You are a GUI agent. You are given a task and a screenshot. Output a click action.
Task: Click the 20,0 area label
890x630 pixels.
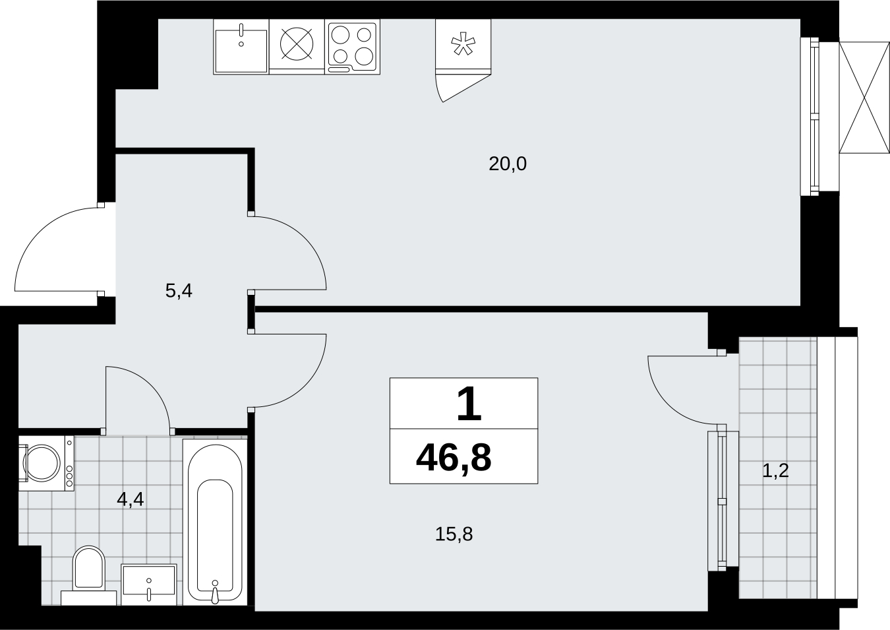pos(508,164)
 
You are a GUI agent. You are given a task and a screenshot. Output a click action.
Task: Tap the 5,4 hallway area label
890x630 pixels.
pos(179,291)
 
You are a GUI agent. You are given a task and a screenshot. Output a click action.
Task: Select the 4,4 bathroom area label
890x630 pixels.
pos(131,499)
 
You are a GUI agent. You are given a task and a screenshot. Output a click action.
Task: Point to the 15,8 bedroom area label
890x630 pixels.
pos(454,534)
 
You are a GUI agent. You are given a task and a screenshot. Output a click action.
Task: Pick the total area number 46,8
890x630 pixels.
pos(454,458)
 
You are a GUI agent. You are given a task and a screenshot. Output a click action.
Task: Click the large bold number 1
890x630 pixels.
pos(469,404)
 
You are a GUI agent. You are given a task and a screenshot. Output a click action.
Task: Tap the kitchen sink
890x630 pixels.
pos(241,46)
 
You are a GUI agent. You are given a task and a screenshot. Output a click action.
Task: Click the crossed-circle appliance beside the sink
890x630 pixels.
pos(297,44)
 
